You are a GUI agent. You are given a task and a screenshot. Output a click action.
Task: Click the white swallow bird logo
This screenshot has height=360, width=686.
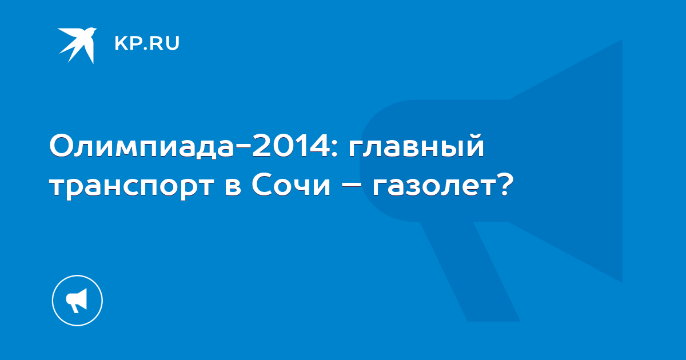point(77,45)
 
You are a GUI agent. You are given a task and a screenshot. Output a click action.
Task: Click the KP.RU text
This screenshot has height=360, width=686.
point(147,43)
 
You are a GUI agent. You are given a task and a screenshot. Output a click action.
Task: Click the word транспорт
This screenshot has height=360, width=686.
point(131,187)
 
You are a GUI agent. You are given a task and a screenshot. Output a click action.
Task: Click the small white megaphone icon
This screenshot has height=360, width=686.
point(77,300)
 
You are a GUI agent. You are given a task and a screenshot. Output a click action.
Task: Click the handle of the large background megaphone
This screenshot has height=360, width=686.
point(470,271)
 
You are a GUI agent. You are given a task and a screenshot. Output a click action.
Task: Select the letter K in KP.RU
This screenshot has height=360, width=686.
point(121,43)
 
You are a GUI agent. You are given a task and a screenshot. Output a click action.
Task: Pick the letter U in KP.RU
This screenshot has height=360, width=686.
point(173,43)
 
